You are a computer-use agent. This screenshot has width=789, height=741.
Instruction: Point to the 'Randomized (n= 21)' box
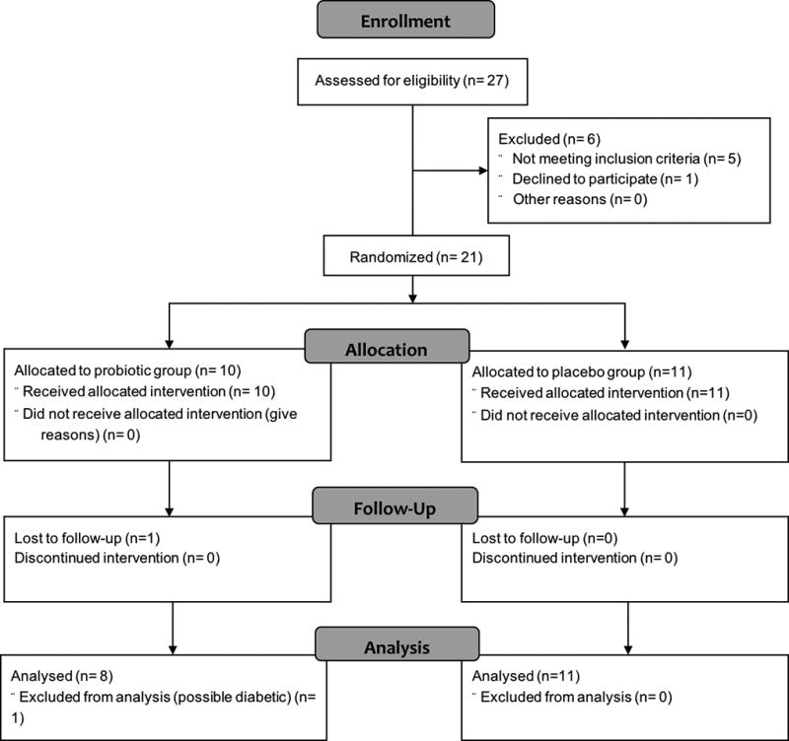tap(415, 257)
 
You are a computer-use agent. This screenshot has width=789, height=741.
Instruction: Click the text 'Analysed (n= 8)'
tap(56, 678)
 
